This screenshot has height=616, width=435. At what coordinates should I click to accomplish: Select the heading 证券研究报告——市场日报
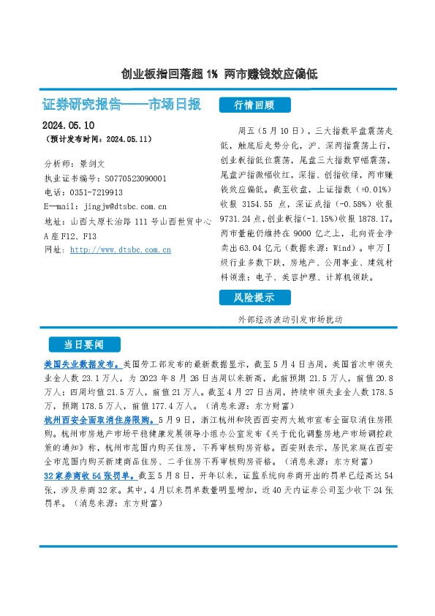pyautogui.click(x=122, y=105)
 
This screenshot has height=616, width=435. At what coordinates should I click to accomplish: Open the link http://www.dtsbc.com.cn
pyautogui.click(x=121, y=250)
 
